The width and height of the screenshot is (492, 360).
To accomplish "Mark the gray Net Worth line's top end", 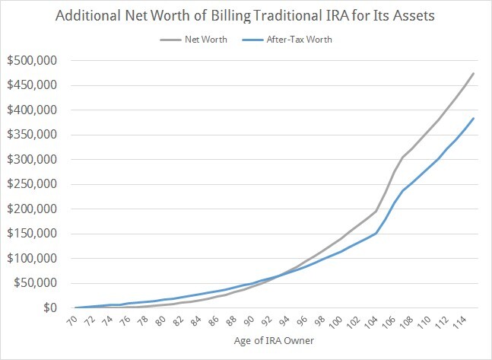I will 474,73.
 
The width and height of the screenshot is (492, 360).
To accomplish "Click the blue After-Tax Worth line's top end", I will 474,118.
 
